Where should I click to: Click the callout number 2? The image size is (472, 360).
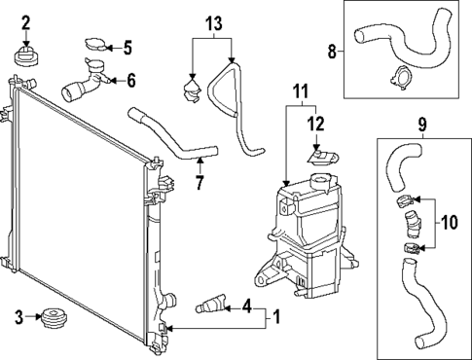(x=26, y=21)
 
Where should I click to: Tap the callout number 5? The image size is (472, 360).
(x=127, y=46)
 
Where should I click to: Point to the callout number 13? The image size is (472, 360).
(x=213, y=21)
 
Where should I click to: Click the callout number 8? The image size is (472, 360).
(x=332, y=51)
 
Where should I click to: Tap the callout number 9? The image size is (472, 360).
(x=422, y=125)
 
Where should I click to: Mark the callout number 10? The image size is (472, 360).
(x=450, y=222)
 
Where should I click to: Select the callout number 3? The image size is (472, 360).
(x=18, y=316)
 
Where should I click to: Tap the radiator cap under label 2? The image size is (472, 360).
(x=26, y=55)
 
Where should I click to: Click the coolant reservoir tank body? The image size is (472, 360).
(x=307, y=234)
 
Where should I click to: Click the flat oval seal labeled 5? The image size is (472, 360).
(x=97, y=44)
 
